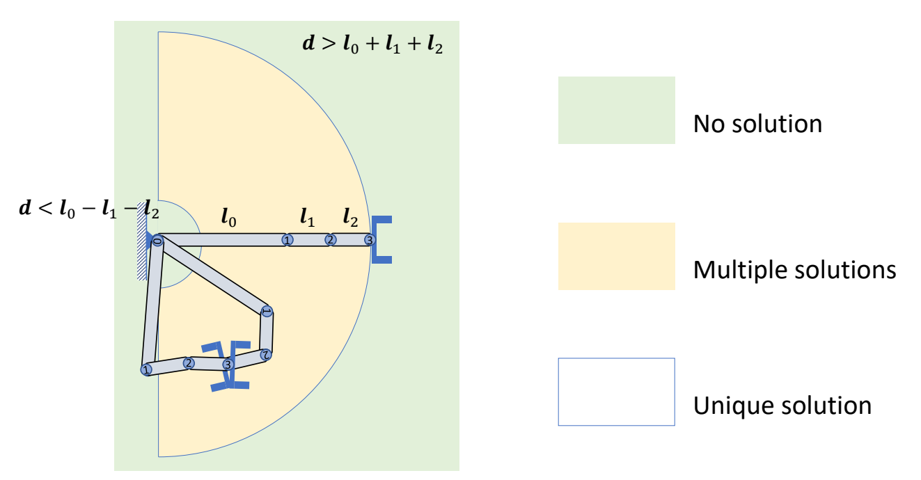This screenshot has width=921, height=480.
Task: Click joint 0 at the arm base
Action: [157, 241]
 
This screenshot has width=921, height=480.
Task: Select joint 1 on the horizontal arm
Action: [287, 239]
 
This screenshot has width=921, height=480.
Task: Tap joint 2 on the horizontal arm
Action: [331, 239]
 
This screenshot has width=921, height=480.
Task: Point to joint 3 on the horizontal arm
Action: [370, 240]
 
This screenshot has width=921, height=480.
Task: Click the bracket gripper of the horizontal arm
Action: [381, 240]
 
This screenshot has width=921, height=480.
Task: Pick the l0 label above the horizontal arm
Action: [228, 218]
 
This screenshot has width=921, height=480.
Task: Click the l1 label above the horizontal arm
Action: [307, 218]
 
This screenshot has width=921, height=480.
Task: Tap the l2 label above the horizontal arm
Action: [349, 218]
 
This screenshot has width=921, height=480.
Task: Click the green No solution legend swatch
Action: [616, 110]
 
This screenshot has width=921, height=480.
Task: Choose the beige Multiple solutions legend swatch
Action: [616, 256]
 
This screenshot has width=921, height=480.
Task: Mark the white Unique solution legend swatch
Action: [616, 392]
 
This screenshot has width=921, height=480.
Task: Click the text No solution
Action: [757, 124]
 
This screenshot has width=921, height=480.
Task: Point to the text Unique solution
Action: [782, 405]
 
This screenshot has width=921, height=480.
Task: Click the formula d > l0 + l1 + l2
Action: [372, 46]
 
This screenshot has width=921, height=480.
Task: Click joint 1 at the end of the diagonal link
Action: [266, 311]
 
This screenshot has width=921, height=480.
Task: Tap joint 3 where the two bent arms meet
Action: [227, 364]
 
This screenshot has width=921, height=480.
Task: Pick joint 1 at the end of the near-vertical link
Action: [146, 370]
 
